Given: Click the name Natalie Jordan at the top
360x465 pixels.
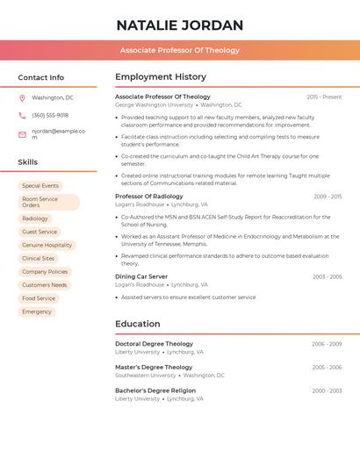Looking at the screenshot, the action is coord(180,25).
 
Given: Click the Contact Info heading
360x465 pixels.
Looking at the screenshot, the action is coord(40,77).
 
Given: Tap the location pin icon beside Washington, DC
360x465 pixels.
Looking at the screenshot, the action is coord(22,97).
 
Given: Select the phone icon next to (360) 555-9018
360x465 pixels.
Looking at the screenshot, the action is coord(22,115).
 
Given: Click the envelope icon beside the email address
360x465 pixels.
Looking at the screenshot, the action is coord(22,134).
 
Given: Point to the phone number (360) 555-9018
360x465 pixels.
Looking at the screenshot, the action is coord(50,115).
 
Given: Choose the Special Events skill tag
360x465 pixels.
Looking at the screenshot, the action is coord(40,186).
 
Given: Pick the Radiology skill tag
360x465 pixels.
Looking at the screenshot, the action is coord(35,218).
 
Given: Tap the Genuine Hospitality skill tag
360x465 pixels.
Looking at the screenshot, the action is coord(47,246).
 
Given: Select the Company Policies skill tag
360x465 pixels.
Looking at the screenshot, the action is coord(45,272).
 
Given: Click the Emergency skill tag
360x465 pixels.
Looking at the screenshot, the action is coord(37,311).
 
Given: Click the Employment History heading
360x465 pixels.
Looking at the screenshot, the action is coord(161,77).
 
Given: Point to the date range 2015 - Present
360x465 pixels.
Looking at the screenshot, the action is coord(324,97).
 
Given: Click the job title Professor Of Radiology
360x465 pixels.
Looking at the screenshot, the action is coord(149,197).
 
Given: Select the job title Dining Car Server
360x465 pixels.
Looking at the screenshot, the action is coord(141,276).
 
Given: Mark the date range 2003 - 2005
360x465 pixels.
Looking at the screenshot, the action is coord(327,276).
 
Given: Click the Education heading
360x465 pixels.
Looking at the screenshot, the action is coord(138,324).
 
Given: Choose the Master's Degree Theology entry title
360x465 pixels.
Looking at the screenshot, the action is coord(154,367).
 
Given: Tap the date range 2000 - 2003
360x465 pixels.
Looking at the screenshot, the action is coord(327,390).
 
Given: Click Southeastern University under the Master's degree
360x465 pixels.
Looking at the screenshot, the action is coord(145,376).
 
